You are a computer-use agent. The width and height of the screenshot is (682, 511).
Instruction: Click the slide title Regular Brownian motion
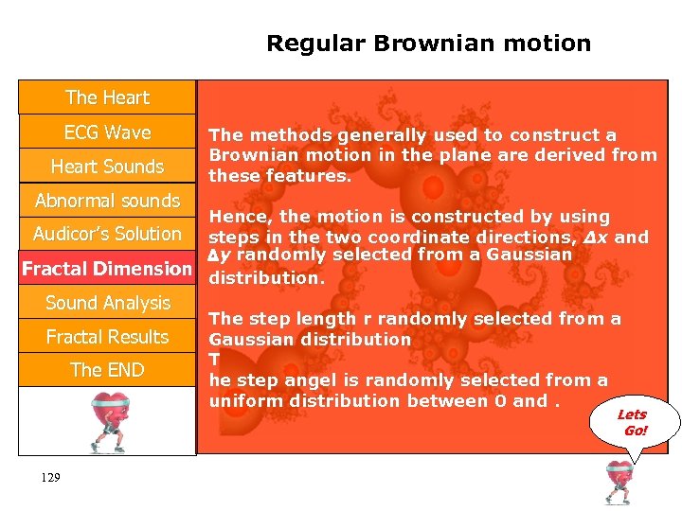click(428, 44)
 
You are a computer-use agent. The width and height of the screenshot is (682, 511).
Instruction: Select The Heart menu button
click(107, 97)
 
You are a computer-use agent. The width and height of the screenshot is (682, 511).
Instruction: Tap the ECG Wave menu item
click(107, 132)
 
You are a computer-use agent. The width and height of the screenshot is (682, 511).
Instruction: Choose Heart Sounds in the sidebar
click(107, 167)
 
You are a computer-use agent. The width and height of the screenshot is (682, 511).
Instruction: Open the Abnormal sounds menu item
click(107, 201)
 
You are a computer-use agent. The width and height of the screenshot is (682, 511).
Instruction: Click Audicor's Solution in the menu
click(107, 234)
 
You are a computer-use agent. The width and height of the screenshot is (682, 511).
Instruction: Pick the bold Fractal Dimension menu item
click(107, 269)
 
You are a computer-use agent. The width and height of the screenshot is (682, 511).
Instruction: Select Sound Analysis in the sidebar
click(107, 303)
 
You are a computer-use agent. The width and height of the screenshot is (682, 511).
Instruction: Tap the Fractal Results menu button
click(107, 337)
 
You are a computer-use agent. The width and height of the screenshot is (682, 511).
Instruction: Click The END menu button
click(107, 370)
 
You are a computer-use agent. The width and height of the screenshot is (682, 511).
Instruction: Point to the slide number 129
click(51, 478)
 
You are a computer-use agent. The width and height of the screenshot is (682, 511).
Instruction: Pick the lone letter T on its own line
click(214, 360)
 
